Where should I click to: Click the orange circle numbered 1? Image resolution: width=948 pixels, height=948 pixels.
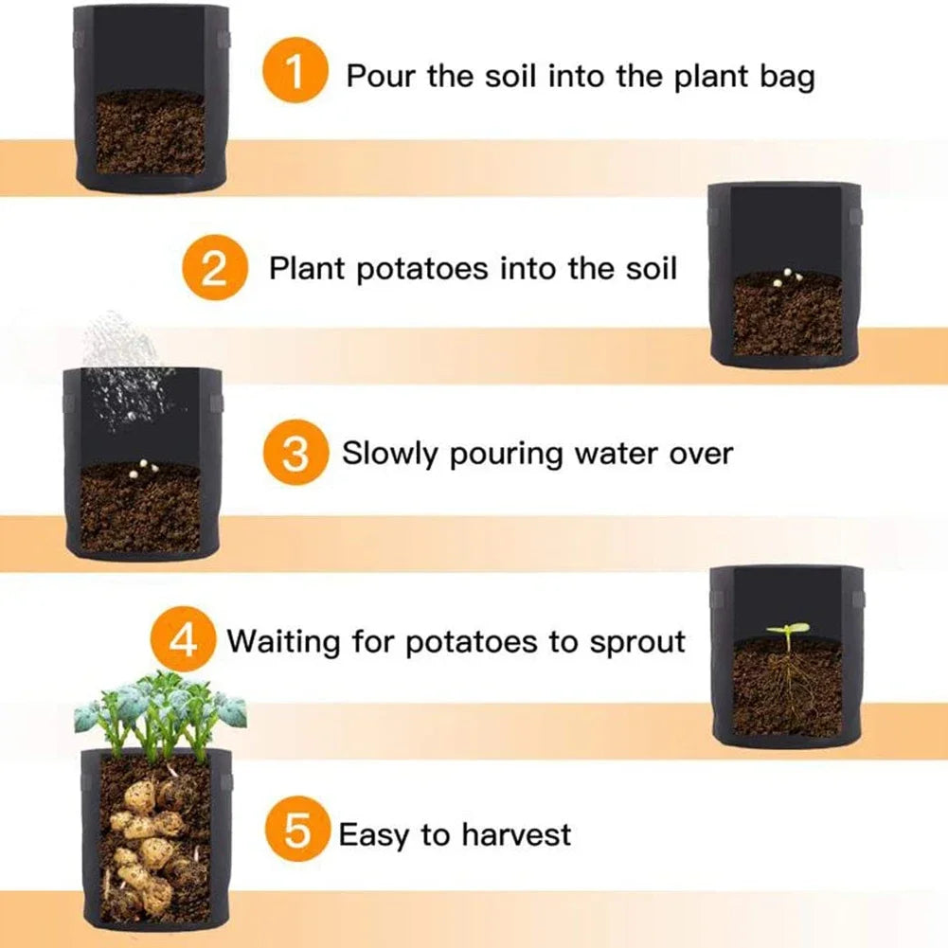click(x=295, y=74)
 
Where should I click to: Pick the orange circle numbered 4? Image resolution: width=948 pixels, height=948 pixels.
click(x=184, y=641)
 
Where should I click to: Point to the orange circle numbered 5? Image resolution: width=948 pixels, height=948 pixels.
click(x=297, y=834)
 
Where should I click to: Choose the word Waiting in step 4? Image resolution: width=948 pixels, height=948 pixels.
click(x=283, y=642)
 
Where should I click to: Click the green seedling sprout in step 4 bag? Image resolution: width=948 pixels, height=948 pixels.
click(x=788, y=630)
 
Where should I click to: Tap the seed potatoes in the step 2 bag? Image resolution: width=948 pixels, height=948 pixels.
click(x=790, y=276)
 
